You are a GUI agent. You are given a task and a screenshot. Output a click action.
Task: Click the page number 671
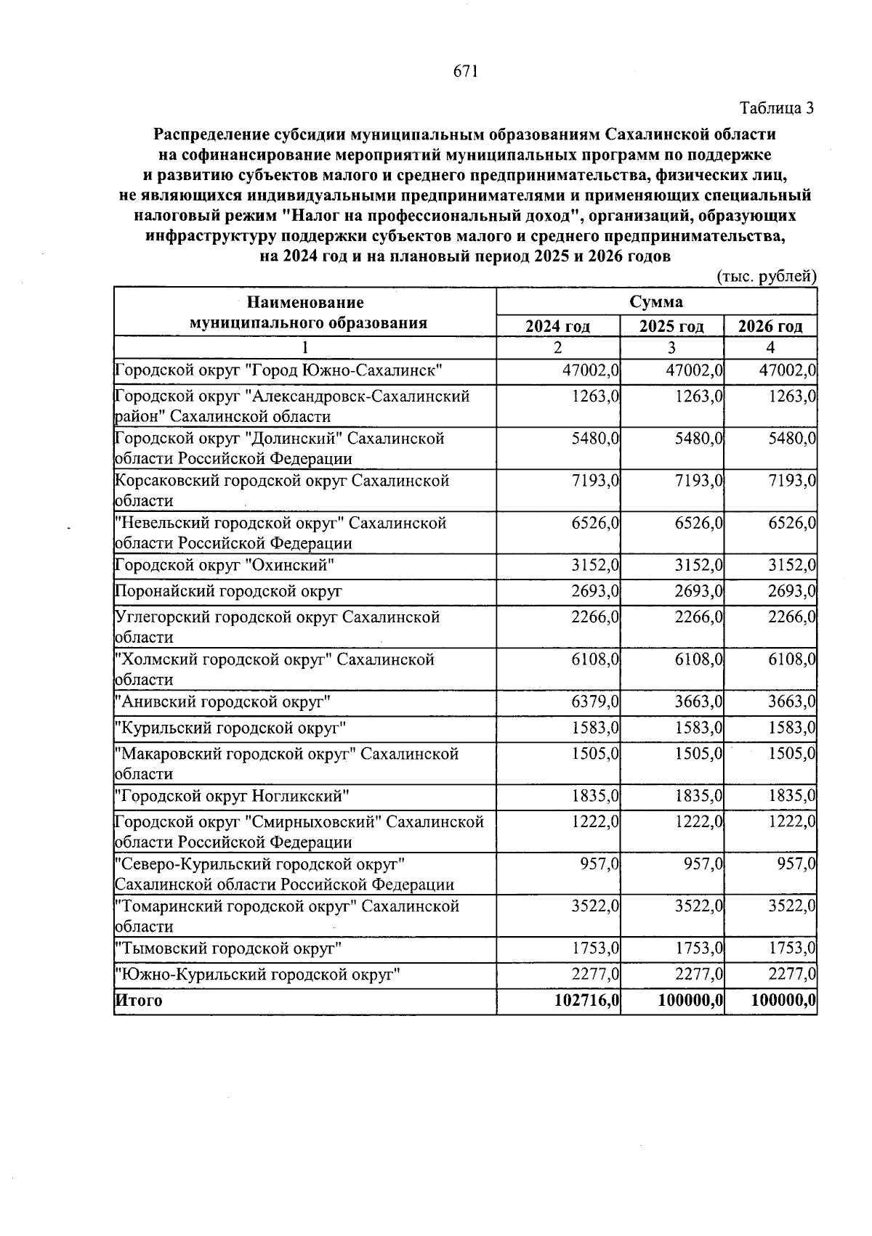click(x=465, y=71)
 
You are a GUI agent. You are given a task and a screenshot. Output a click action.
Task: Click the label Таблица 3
click(x=777, y=108)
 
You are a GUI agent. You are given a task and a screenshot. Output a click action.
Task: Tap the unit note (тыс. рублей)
click(x=767, y=277)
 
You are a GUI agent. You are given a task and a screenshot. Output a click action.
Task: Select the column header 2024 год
click(x=557, y=326)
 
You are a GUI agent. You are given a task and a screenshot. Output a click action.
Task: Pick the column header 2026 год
click(x=770, y=326)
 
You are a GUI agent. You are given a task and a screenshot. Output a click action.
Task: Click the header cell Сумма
click(x=656, y=301)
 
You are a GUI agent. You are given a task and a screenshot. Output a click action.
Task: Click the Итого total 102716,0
click(x=586, y=1001)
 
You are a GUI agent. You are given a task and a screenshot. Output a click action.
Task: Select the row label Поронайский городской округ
click(x=228, y=592)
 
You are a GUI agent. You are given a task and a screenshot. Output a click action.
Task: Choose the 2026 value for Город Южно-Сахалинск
click(x=788, y=371)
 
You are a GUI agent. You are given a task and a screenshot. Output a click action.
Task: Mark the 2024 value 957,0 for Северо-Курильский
click(x=599, y=864)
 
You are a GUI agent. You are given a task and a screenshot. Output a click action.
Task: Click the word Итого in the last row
click(x=139, y=1001)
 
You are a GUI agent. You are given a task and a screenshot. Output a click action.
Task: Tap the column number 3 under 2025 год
click(x=671, y=347)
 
